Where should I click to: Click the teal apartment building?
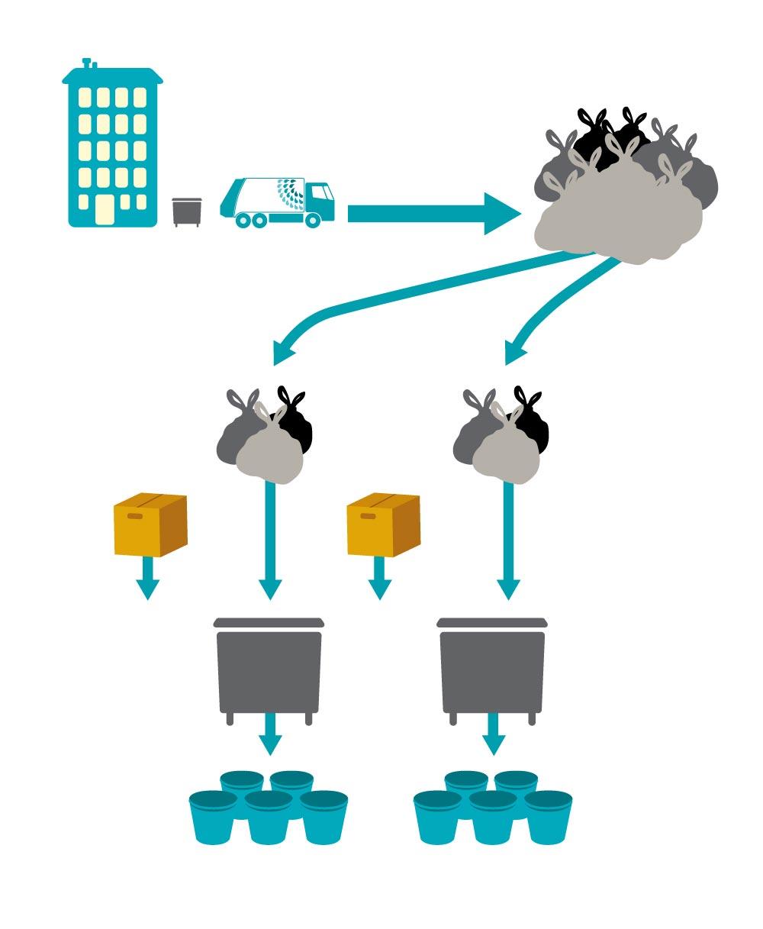point(113,145)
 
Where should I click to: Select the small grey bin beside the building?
point(186,211)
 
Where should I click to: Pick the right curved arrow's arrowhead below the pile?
point(516,352)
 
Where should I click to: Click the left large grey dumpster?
point(269,670)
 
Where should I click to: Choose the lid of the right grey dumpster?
point(492,622)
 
